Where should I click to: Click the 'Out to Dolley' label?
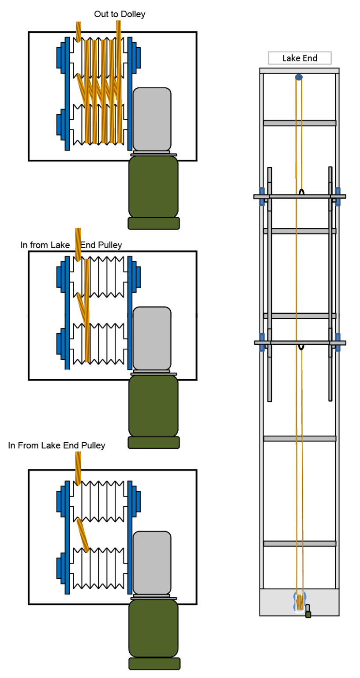tap(120, 14)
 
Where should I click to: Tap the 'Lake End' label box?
tap(300, 58)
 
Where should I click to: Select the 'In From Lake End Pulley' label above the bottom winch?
tap(56, 445)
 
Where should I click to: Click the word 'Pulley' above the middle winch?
tap(111, 245)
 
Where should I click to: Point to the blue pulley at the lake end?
tap(299, 77)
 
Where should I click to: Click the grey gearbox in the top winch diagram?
tap(152, 119)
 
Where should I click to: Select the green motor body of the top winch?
tap(154, 187)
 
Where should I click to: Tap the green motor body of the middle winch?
tap(154, 406)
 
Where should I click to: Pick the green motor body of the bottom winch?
tap(154, 629)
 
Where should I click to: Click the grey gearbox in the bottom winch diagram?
tap(152, 563)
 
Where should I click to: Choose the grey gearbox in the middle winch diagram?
tap(152, 339)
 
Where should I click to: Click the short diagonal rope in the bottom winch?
tap(82, 535)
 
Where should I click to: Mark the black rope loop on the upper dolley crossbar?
tap(301, 192)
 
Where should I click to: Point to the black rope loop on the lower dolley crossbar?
tap(301, 347)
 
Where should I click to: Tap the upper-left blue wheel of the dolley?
tap(262, 196)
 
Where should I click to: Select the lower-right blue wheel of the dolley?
tap(338, 343)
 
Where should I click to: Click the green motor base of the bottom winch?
tap(154, 663)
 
